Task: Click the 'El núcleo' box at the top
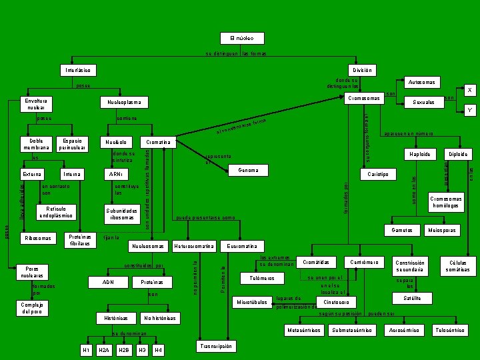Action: (x=242, y=37)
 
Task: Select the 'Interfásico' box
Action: (x=78, y=70)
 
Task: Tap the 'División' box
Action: (x=362, y=70)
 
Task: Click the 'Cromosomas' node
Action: (x=363, y=99)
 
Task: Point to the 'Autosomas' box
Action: (x=422, y=82)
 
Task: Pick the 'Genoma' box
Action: (x=248, y=170)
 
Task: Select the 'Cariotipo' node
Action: (x=378, y=174)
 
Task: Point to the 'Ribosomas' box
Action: (x=38, y=238)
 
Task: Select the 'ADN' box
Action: (x=107, y=282)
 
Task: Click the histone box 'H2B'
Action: (x=123, y=350)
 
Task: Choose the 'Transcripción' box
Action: (x=216, y=346)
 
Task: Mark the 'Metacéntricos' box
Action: (x=303, y=330)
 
